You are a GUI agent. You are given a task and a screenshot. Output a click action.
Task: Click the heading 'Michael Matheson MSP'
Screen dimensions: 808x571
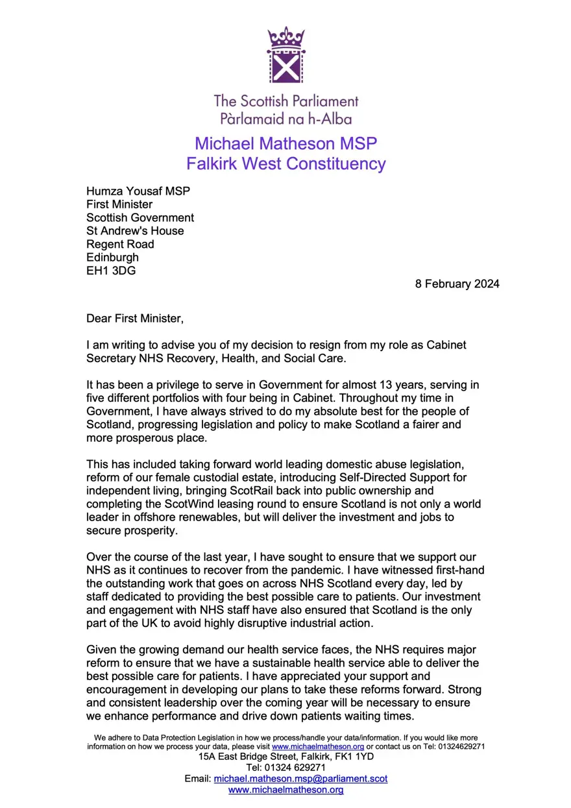click(x=285, y=143)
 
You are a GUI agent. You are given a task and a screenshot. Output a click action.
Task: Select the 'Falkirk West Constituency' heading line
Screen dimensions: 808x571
click(x=285, y=163)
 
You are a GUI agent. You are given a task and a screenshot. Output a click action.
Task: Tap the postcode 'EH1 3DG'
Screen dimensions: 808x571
click(x=111, y=271)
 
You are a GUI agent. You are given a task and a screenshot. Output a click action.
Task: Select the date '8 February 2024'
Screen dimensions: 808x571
click(x=457, y=284)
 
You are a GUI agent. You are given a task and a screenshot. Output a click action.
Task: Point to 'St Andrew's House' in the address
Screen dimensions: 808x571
click(x=135, y=230)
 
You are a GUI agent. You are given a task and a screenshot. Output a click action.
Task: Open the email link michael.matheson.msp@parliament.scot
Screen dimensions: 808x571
click(x=300, y=778)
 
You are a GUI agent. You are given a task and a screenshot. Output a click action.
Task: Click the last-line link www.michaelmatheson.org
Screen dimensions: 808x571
click(x=285, y=790)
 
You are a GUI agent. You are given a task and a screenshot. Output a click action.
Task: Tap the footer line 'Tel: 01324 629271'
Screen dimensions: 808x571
click(x=285, y=767)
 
